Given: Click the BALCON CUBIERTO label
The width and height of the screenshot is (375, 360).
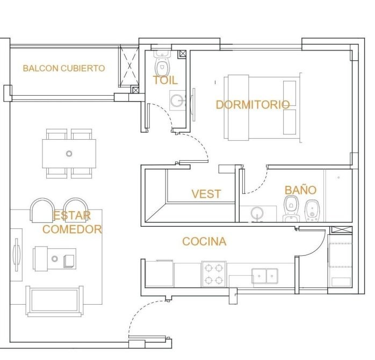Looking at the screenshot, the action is [64, 68].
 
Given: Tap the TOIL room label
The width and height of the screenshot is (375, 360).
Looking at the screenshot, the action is [165, 80].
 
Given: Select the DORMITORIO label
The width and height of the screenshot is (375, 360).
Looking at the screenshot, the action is [253, 105].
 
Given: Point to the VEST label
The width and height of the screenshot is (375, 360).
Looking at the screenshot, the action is [206, 194].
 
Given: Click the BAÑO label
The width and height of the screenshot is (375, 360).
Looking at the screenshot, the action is [301, 190].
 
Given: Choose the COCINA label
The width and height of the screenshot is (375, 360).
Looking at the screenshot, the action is [204, 242].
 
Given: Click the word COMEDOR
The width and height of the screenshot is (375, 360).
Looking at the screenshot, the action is [72, 229].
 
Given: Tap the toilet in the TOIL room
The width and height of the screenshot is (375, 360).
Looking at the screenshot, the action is [162, 63].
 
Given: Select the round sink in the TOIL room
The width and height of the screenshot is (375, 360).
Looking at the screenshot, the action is [177, 100].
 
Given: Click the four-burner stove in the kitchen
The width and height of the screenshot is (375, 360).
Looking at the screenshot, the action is [214, 274].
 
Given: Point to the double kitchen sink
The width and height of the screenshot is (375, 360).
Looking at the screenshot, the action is [265, 276].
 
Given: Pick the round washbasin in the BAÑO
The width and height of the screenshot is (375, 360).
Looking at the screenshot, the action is [257, 213].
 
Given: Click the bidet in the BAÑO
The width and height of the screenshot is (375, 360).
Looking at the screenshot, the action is [312, 211].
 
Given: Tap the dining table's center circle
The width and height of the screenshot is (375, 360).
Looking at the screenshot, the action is [69, 154].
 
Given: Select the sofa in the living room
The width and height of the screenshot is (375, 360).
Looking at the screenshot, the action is [55, 301].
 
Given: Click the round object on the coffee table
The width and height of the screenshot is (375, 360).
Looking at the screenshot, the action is [55, 259].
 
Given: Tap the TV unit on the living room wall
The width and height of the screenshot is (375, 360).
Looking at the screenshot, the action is [16, 255].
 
